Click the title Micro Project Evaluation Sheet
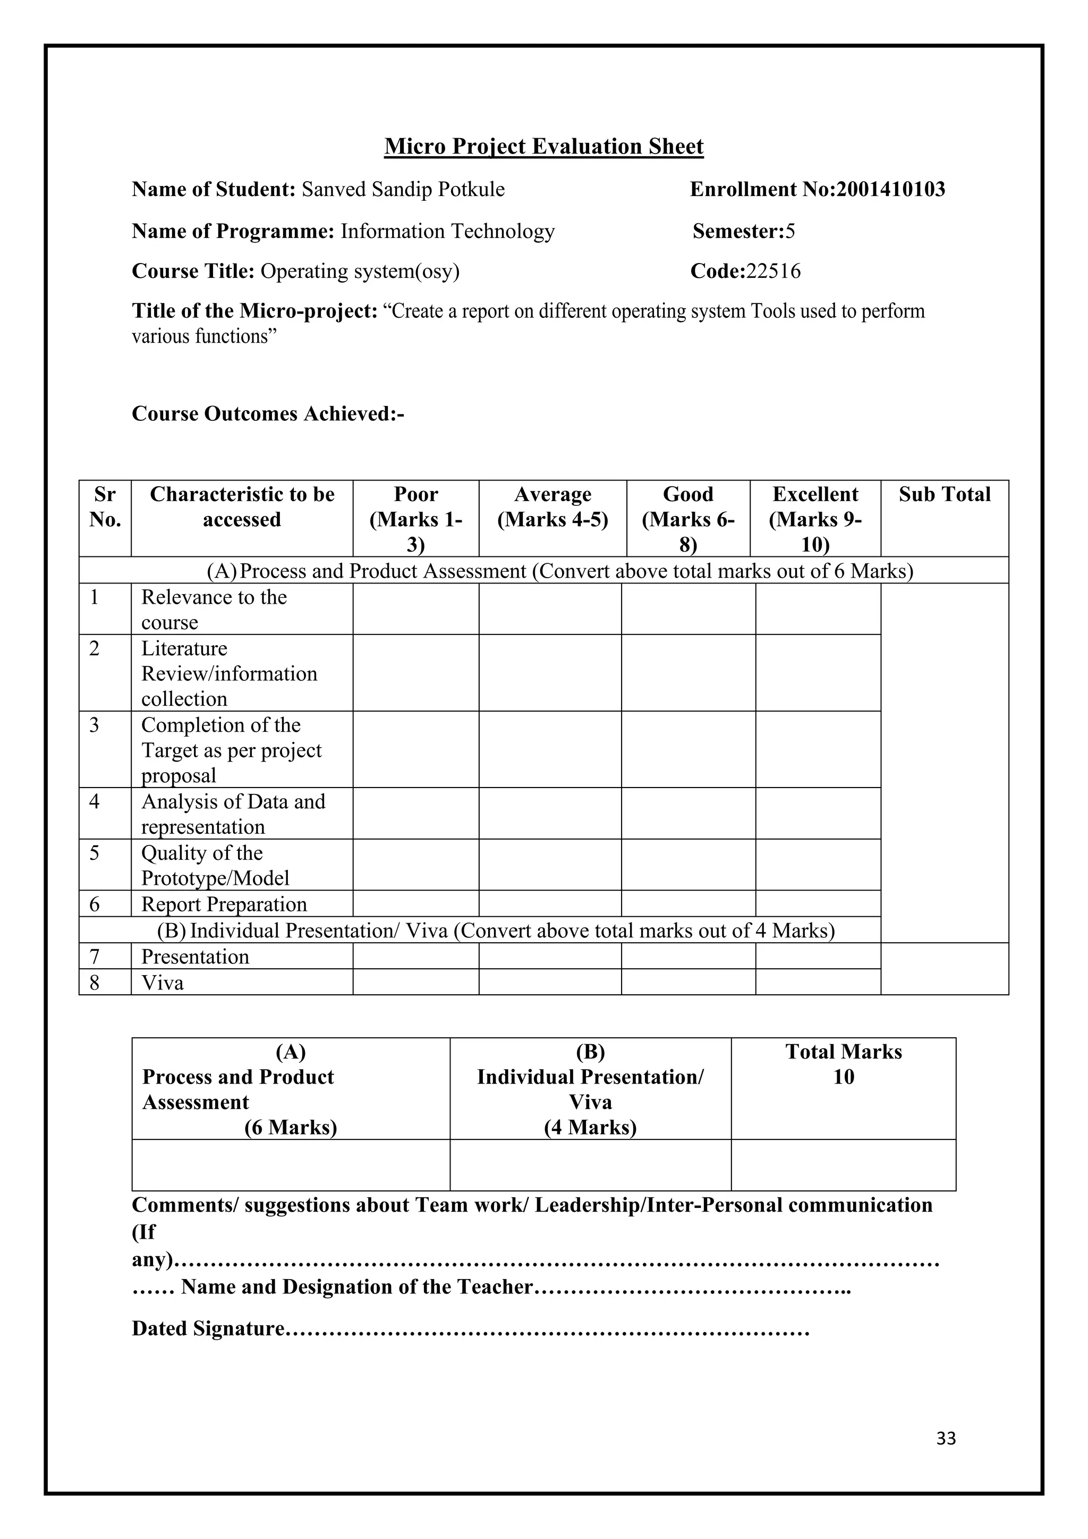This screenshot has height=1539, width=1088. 543,146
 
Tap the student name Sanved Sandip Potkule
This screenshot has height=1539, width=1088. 403,190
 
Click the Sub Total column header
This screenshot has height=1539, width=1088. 944,495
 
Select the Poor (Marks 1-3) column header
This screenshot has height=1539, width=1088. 415,519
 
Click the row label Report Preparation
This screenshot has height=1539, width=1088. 224,904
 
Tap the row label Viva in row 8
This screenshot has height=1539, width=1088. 162,983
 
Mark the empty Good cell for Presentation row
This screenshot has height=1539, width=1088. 688,956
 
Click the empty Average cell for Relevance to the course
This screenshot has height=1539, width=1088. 549,608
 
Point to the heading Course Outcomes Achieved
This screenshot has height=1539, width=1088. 268,413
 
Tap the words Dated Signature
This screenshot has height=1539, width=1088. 208,1329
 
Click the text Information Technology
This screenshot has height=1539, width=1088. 447,231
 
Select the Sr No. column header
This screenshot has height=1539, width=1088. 105,507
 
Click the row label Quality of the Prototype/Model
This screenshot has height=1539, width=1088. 215,865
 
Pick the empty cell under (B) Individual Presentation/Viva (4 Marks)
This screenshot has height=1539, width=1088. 590,1165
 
